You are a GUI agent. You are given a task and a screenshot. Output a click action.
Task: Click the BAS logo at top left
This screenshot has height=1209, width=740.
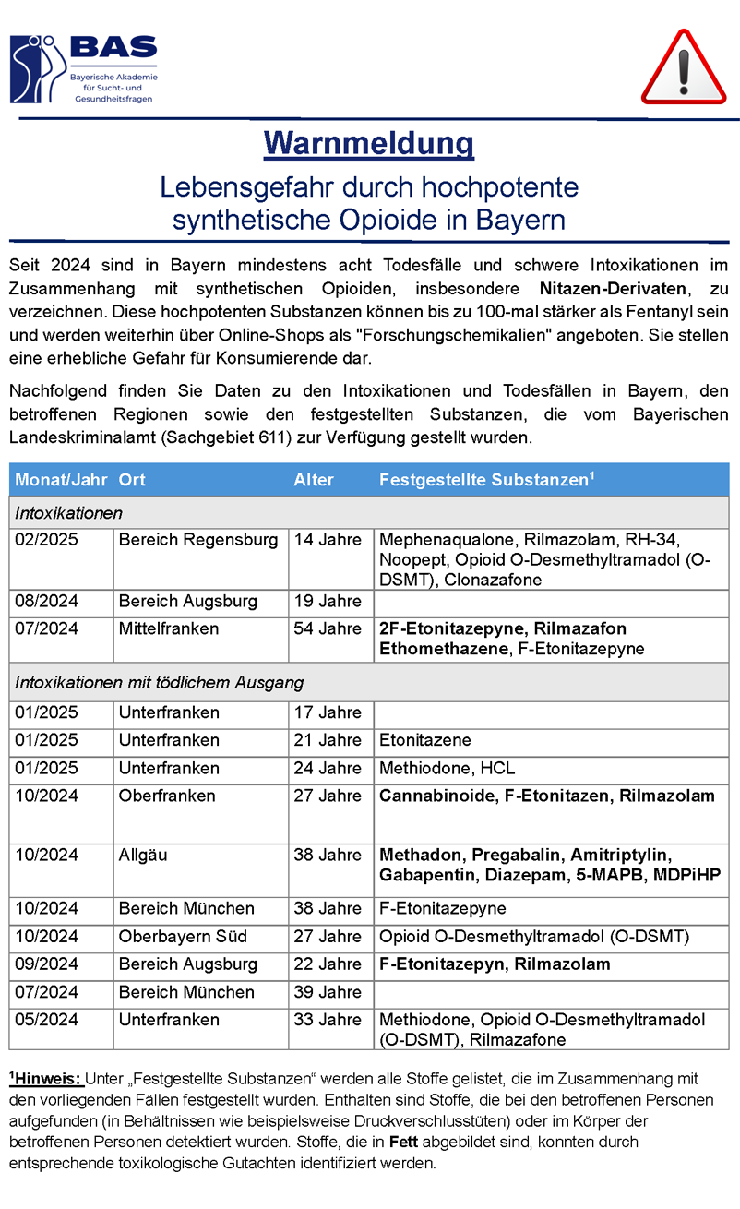[x=83, y=69]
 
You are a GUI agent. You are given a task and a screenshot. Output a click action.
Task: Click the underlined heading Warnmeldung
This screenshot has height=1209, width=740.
[x=369, y=144]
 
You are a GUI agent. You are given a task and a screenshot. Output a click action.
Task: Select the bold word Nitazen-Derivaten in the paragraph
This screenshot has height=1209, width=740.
[x=613, y=290]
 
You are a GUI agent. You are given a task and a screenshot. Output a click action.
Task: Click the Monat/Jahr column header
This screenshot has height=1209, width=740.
[x=59, y=480]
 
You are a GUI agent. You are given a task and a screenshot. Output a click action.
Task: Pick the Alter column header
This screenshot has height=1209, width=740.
[x=314, y=480]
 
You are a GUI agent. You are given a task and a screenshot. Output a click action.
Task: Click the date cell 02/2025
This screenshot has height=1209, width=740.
[x=47, y=540]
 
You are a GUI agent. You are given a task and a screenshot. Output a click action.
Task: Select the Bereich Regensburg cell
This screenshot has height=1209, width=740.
[x=198, y=540]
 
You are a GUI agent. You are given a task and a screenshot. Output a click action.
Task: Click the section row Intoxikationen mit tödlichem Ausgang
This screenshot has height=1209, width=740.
[x=160, y=684]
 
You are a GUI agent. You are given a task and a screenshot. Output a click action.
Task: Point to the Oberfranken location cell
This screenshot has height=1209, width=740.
[x=167, y=796]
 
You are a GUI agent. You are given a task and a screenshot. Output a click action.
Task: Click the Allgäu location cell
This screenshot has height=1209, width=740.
[x=143, y=856]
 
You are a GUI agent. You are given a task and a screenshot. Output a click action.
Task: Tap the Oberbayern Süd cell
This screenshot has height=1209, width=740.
[x=183, y=937]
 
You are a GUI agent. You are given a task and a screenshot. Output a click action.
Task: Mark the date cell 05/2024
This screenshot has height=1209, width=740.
[x=47, y=1020]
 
